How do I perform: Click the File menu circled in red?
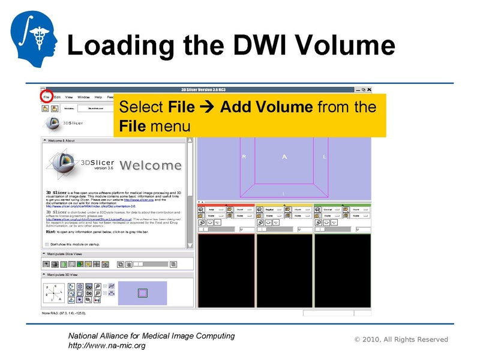pos(46,97)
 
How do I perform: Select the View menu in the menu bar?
pos(69,97)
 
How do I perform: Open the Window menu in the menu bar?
pos(83,97)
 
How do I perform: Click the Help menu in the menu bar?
pos(98,97)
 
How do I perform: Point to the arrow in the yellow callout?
pos(208,107)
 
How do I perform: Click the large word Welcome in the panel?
pos(151,165)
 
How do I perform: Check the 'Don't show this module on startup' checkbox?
pos(47,244)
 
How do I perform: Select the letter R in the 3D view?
pos(244,157)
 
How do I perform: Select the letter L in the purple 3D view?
pos(325,157)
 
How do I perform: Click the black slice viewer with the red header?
pos(226,271)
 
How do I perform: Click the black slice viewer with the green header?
pos(343,271)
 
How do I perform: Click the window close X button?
pos(369,90)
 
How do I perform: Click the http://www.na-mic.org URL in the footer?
pos(106,346)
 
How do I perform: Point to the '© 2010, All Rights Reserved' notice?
pos(401,340)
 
